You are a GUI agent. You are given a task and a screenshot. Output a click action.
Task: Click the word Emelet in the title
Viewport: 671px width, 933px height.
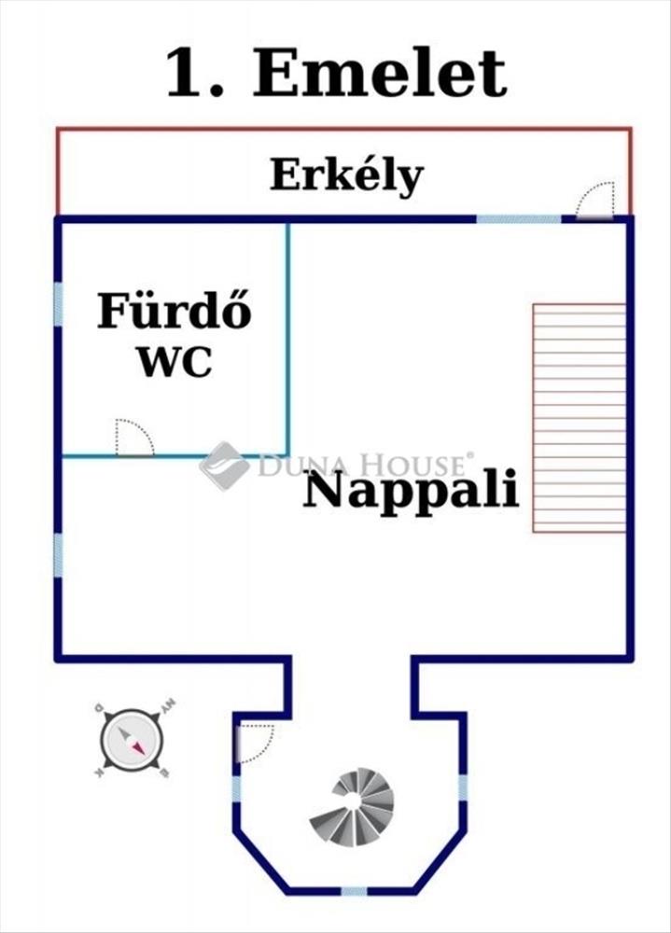point(380,74)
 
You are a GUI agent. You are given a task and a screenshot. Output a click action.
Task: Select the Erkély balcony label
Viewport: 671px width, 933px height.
point(346,174)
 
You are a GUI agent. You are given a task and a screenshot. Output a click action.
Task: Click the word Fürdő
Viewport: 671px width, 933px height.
point(175,313)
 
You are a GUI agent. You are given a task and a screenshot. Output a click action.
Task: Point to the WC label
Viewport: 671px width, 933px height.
point(175,361)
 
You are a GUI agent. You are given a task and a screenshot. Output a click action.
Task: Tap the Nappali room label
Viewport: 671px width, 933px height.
point(411,490)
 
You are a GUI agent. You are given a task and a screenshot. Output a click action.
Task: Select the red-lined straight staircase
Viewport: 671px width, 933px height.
point(579,417)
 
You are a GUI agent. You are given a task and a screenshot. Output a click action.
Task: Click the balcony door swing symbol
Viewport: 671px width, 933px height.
point(595,201)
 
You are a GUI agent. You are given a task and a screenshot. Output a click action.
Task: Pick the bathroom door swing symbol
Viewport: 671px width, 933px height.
point(133,438)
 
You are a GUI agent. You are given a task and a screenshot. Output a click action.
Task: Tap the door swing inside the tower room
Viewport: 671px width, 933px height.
point(254,743)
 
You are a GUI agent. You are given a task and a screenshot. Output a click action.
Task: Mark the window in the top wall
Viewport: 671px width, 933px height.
point(519,219)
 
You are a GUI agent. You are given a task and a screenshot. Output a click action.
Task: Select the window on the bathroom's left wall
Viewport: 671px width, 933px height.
point(58,303)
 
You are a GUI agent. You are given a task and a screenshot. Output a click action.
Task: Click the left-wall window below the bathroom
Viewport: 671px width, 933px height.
point(58,556)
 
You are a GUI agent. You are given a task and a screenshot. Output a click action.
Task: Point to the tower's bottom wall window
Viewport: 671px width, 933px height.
point(354,891)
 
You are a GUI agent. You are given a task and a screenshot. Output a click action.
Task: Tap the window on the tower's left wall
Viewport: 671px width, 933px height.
point(236,788)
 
